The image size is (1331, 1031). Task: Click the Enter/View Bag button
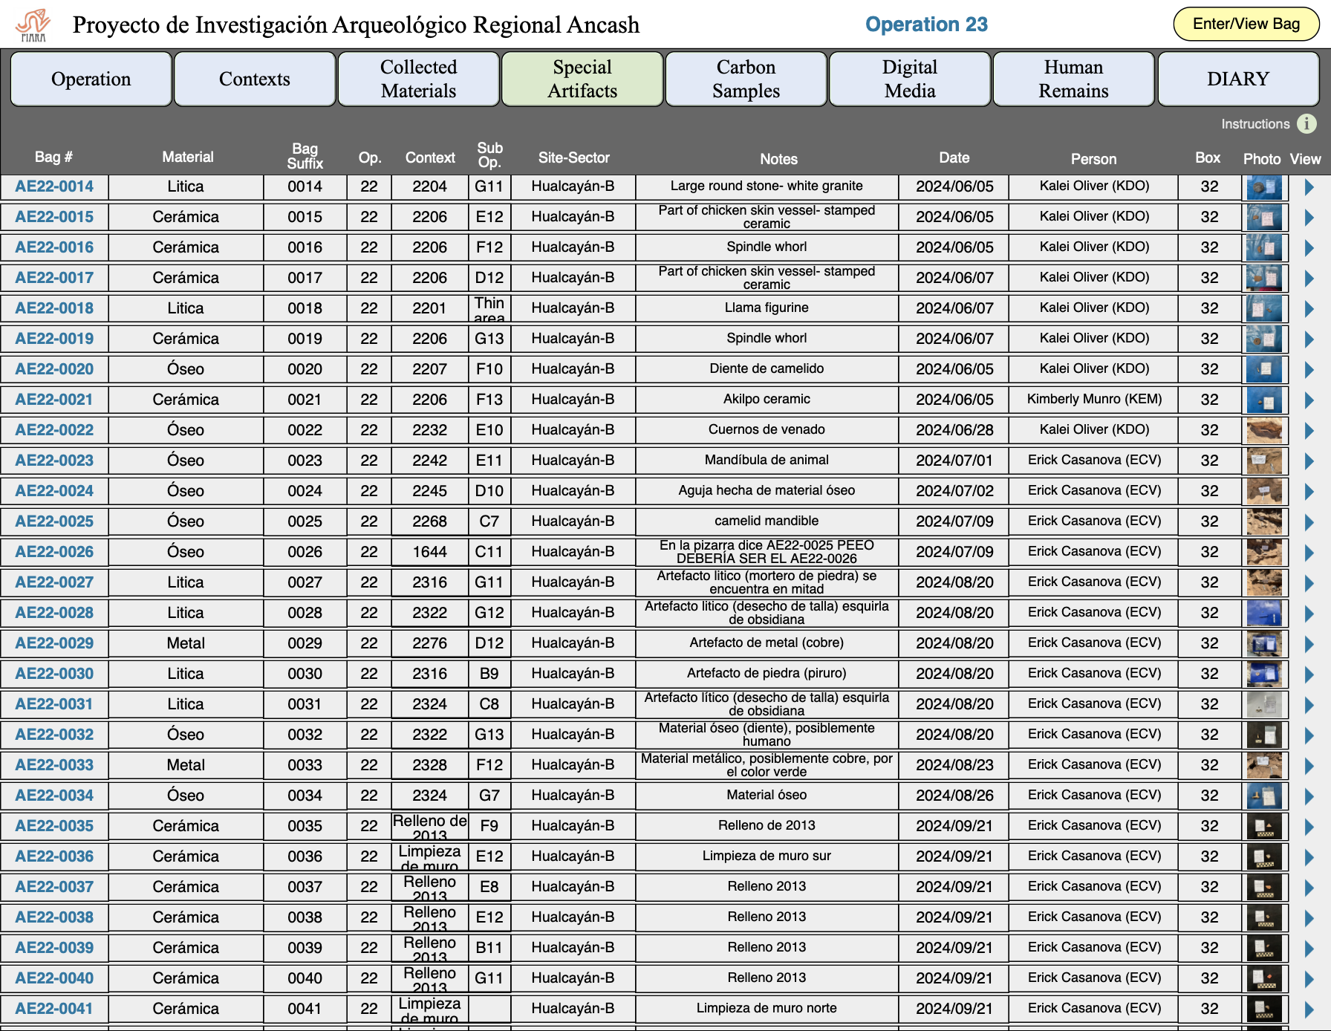coord(1246,24)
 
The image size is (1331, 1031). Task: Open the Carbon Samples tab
coord(746,79)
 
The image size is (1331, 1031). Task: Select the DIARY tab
coord(1237,79)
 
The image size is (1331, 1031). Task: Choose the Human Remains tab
coord(1073,79)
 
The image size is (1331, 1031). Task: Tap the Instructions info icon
coord(1306,123)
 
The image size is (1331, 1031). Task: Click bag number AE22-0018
coord(54,308)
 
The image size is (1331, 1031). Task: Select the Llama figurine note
coord(767,308)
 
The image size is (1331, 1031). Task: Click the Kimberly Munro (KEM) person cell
coord(1094,399)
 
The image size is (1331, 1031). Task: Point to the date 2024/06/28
coord(954,430)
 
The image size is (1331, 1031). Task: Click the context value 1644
coord(429,552)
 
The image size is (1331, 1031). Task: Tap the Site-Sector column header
coord(573,157)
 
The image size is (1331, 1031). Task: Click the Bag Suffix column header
coord(305,156)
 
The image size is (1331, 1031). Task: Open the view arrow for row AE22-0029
coord(1309,644)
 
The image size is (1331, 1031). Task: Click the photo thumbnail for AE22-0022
coord(1263,430)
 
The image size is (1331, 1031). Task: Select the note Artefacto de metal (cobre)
coord(767,643)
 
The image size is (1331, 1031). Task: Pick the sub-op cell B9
coord(489,674)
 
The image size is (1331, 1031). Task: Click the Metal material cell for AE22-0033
coord(186,765)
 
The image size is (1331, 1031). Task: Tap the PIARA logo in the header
coord(33,25)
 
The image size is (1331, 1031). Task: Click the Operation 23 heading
coord(926,25)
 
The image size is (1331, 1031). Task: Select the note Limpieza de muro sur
coord(767,856)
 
